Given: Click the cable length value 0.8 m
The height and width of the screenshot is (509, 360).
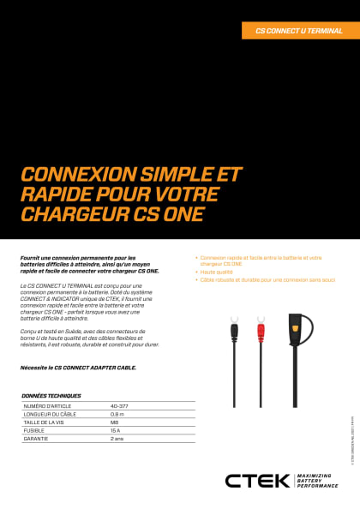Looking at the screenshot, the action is (117, 412).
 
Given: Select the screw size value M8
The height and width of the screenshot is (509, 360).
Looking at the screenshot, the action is (115, 421).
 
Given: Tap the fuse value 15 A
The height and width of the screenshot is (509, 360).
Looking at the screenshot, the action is (116, 429).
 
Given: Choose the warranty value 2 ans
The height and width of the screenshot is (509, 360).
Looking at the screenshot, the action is (117, 438).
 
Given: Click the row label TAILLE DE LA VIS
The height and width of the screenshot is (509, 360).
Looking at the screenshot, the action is (45, 421).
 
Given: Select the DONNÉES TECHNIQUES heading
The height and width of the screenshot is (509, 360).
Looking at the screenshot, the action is (51, 395).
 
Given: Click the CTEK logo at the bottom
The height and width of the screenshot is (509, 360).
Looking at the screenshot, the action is (257, 481).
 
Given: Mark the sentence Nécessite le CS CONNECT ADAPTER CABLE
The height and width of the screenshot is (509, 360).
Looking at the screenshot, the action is (78, 367).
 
